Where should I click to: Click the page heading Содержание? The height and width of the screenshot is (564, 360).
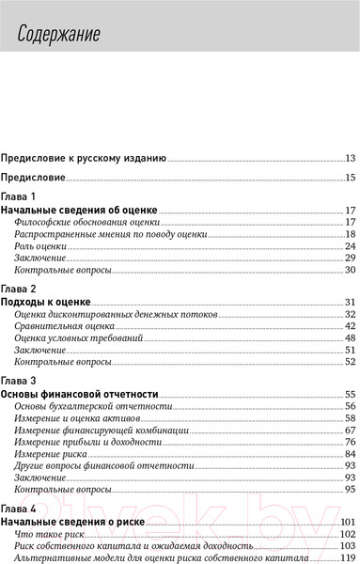[x=63, y=36]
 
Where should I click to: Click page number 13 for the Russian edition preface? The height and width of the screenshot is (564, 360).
[x=349, y=158]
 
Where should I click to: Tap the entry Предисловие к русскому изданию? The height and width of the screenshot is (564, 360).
[x=84, y=158]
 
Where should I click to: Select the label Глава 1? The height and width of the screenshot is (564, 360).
[x=20, y=196]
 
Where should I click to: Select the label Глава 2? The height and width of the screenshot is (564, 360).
[x=20, y=288]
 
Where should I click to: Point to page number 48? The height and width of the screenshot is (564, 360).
[x=349, y=337]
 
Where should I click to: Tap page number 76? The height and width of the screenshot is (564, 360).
[x=349, y=441]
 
